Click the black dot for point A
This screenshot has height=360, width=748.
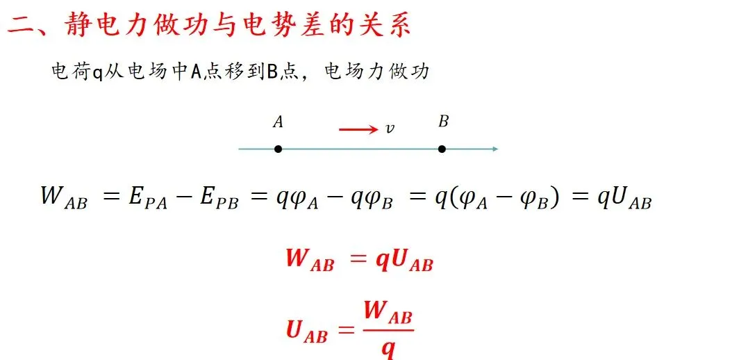(x=278, y=149)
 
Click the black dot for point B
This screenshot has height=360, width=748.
(x=442, y=149)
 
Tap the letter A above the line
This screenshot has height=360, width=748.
(x=278, y=123)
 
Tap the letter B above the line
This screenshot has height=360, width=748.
(x=443, y=122)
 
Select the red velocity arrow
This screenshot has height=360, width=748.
(x=359, y=129)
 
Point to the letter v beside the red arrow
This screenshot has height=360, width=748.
(x=390, y=129)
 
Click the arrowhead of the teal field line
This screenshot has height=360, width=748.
(x=494, y=149)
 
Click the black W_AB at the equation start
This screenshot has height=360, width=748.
(x=64, y=197)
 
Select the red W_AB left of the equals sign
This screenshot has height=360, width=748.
(x=310, y=261)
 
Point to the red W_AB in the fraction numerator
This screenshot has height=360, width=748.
(x=388, y=313)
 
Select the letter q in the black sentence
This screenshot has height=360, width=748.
(x=98, y=72)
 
